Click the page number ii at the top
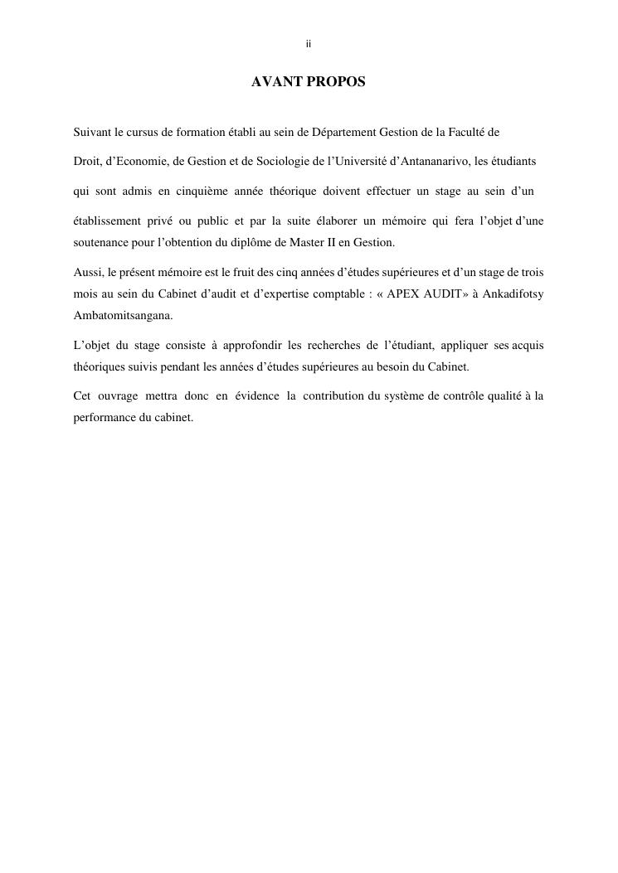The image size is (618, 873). (x=309, y=44)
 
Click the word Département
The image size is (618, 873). (x=338, y=132)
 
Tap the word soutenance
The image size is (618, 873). (x=101, y=242)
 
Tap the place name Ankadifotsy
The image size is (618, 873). (x=513, y=294)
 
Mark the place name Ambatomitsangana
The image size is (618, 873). (x=124, y=316)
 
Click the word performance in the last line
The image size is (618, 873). (x=105, y=417)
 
